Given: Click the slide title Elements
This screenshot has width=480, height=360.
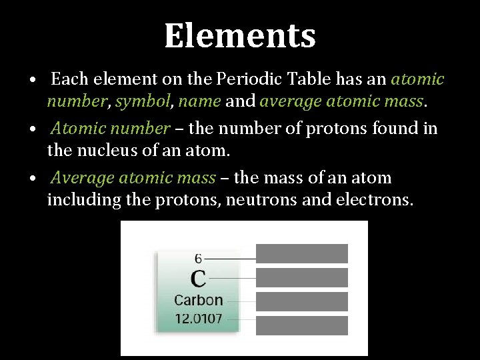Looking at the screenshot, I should [x=240, y=36].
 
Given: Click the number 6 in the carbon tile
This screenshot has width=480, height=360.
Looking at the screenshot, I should [x=198, y=258].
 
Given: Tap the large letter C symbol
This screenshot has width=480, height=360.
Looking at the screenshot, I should [x=198, y=278].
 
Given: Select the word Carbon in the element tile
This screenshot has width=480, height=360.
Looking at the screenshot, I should [x=198, y=300].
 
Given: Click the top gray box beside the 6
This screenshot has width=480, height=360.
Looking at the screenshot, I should [x=302, y=253].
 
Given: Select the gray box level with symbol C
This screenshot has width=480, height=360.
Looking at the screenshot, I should [x=302, y=277].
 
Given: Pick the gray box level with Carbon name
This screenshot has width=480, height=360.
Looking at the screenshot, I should [x=302, y=301].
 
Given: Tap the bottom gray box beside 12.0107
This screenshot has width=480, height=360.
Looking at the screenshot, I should [x=302, y=325].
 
